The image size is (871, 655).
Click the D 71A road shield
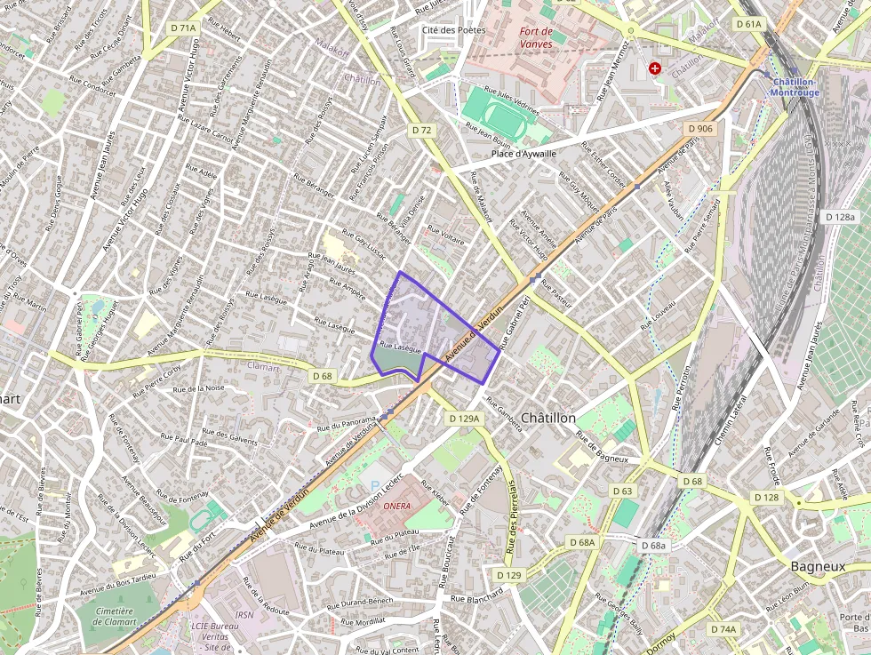[x=182, y=28]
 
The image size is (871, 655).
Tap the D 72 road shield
[x=421, y=131]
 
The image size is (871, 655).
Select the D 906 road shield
[x=700, y=129]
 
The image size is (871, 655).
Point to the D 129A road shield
[x=463, y=418]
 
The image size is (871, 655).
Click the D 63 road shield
[x=622, y=491]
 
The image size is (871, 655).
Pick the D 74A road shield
[x=723, y=629]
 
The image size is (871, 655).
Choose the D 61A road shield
[x=748, y=24]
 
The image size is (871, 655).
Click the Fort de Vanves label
[x=535, y=37]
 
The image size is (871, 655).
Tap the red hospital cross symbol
[x=655, y=68]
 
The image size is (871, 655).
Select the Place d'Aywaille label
[x=523, y=154]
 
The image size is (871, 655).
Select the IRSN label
[x=244, y=614]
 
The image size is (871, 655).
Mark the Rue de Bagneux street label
[x=603, y=447]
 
